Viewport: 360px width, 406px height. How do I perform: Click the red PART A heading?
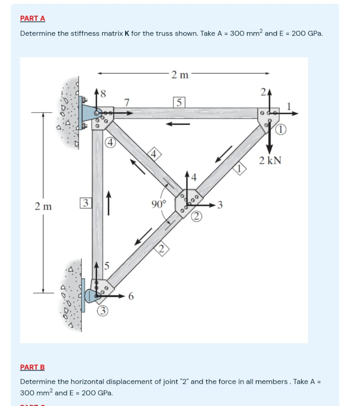point(33,18)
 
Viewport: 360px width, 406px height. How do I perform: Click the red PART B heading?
point(33,367)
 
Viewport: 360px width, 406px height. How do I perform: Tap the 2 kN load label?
point(270,161)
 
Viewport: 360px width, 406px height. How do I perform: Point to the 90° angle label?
point(159,203)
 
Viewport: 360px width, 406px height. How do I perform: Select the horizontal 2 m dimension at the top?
point(179,74)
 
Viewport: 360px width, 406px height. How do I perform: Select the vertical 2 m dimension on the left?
point(43,206)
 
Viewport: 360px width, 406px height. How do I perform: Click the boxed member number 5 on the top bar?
point(178,103)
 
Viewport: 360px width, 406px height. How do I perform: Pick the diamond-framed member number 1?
point(240,168)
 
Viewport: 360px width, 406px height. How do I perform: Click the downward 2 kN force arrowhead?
point(270,146)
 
